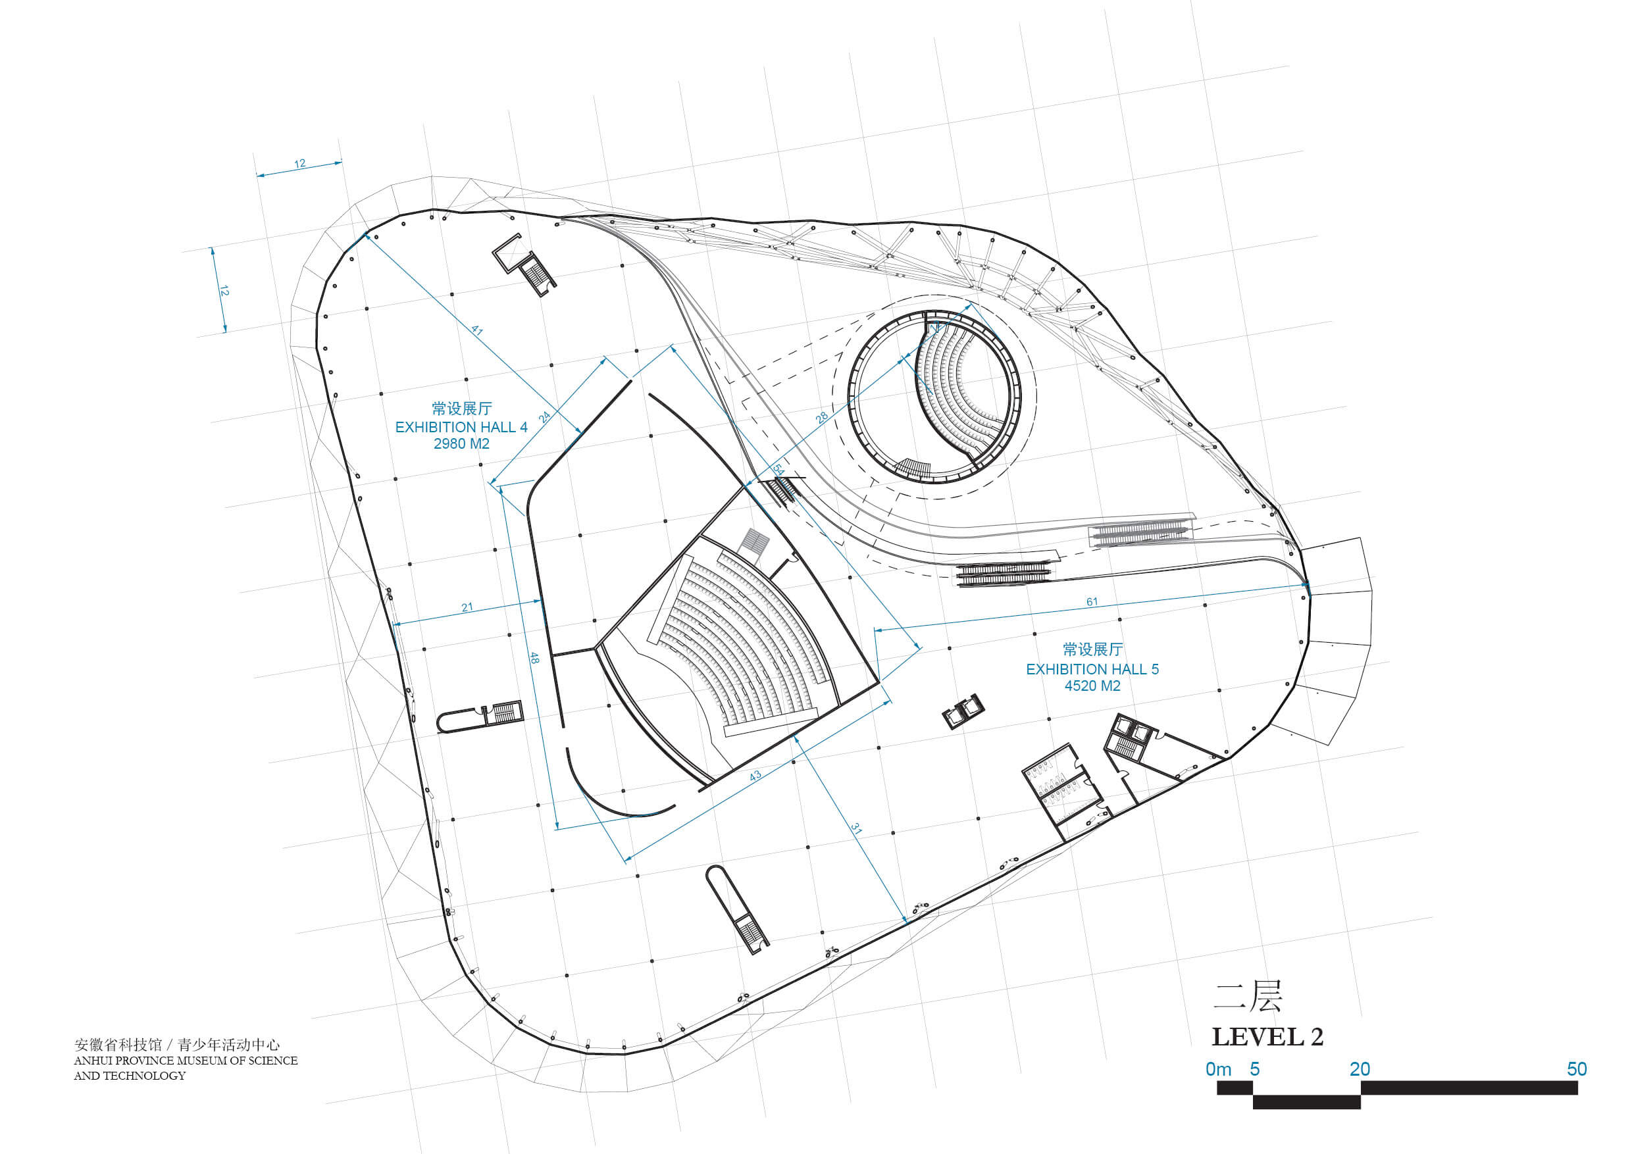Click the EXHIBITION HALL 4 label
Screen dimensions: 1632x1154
pos(461,427)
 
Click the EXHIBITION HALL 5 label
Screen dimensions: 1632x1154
pos(1092,669)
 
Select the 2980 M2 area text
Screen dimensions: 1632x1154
pos(461,444)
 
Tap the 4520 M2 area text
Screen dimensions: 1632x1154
pos(1092,686)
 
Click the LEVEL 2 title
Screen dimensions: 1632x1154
pos(1267,1038)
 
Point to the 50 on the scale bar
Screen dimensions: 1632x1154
pos(1577,1069)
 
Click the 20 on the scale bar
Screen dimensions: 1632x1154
pos(1360,1069)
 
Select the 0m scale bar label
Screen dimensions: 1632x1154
pos(1218,1069)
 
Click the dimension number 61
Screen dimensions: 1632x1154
pos(1092,602)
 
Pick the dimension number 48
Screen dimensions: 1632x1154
pos(534,659)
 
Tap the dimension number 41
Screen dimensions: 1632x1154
pos(477,330)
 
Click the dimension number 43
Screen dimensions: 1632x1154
pos(755,775)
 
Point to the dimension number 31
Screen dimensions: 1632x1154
pos(857,829)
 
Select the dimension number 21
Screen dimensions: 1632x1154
pos(467,607)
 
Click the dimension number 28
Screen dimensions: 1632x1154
pos(822,418)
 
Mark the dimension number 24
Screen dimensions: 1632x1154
pos(544,417)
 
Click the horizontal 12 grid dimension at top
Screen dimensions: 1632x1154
pos(300,163)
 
